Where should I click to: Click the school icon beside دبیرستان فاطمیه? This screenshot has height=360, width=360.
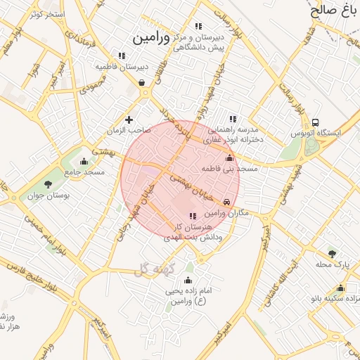pos(122,56)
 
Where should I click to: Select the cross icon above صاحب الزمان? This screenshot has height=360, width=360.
pos(129,120)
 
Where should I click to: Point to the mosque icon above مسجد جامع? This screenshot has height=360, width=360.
pos(84,161)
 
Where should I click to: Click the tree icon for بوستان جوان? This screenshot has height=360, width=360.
pos(48,184)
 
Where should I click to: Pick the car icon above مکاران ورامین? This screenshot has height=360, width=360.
pos(226,202)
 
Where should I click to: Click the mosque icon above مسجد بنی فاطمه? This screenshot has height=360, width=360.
pos(228,159)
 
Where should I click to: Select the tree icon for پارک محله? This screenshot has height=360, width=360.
pos(332,254)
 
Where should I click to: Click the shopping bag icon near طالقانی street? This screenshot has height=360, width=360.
pos(142,82)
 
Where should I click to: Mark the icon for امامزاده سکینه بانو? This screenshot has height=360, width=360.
pos(340,288)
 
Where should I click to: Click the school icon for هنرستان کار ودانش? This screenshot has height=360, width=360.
pos(193,215)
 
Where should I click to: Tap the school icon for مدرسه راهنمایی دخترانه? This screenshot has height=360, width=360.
pos(233,119)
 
